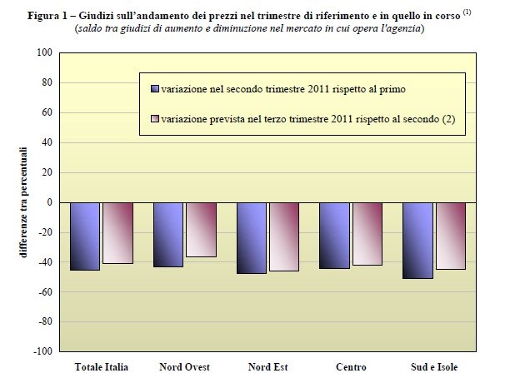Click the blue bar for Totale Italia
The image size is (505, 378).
pos(86,236)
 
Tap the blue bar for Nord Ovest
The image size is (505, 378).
pos(168,234)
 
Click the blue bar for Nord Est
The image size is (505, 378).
pos(252,237)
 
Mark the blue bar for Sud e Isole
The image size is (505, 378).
pos(418,240)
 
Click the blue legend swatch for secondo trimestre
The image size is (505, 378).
pos(154,88)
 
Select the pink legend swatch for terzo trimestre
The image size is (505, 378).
pos(154,120)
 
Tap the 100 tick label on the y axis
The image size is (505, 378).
pos(45,52)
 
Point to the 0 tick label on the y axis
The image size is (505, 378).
pos(49,202)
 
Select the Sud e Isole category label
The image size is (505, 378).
pos(433,366)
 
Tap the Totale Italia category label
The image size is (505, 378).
pos(101,366)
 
